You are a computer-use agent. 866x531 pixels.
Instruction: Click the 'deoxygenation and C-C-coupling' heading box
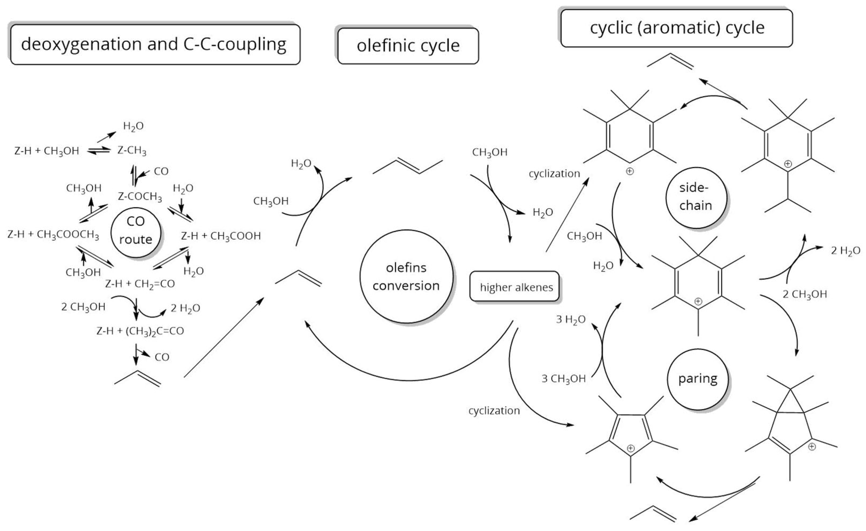coord(155,44)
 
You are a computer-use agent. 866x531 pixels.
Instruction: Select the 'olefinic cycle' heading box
coord(408,46)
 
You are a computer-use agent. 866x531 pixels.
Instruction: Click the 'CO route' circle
coord(136,231)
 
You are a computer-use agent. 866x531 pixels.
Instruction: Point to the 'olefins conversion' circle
coord(406,276)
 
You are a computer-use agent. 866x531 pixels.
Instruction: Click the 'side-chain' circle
coord(696,197)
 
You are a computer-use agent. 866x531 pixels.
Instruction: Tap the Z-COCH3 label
coord(140,197)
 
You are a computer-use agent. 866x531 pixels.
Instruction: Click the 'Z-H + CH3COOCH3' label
coord(53,234)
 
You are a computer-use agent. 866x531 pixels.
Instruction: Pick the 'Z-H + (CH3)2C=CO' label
coord(140,331)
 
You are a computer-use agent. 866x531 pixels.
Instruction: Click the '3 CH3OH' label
coord(563,378)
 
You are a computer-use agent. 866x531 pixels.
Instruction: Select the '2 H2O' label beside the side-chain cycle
coord(845,251)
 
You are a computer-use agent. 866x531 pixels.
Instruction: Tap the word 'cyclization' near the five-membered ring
coord(494,410)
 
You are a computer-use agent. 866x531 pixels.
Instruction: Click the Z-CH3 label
coord(132,151)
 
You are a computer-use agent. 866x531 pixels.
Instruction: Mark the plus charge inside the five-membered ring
coord(631,448)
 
